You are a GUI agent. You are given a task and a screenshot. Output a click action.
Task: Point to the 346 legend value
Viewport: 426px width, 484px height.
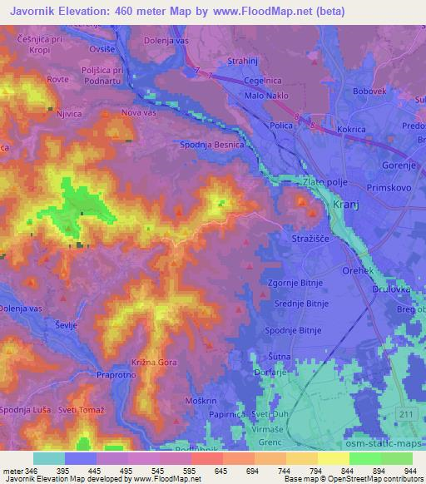(x=32, y=471)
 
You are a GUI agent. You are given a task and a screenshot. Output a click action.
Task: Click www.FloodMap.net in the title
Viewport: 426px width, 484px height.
(x=265, y=12)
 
